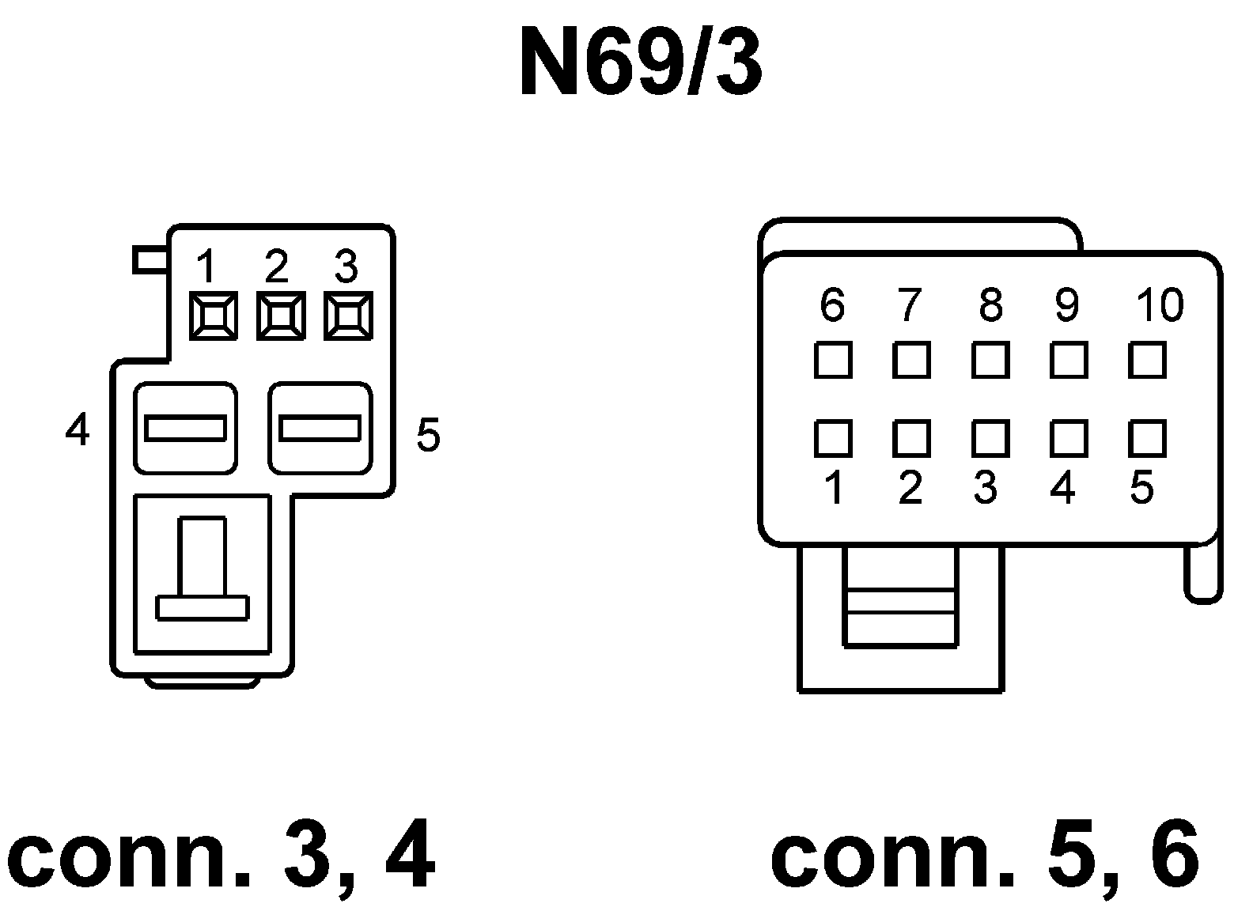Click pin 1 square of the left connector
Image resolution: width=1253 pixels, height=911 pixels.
(x=214, y=316)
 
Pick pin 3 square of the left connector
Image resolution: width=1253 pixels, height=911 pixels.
(x=349, y=316)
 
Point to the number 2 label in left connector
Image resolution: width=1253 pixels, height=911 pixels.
(x=276, y=267)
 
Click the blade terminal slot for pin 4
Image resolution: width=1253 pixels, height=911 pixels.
(x=186, y=428)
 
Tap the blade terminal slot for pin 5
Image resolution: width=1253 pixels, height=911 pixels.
(x=320, y=428)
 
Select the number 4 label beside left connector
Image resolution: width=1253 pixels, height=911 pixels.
(x=78, y=431)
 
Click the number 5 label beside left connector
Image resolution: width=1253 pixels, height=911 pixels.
(x=428, y=435)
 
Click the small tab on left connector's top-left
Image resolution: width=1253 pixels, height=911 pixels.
(x=149, y=260)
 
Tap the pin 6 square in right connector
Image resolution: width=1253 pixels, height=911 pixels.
(x=833, y=360)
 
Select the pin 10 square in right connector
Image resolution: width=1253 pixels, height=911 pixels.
(x=1147, y=360)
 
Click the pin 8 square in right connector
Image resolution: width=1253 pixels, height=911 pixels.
(x=990, y=360)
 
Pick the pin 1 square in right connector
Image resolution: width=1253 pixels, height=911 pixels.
(x=833, y=438)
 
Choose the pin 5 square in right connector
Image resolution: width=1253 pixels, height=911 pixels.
(x=1147, y=438)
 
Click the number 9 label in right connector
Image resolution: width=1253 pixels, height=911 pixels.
(x=1067, y=304)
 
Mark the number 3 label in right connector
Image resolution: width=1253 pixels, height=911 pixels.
(x=985, y=488)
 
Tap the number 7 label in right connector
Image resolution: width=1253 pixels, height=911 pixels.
(x=910, y=304)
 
